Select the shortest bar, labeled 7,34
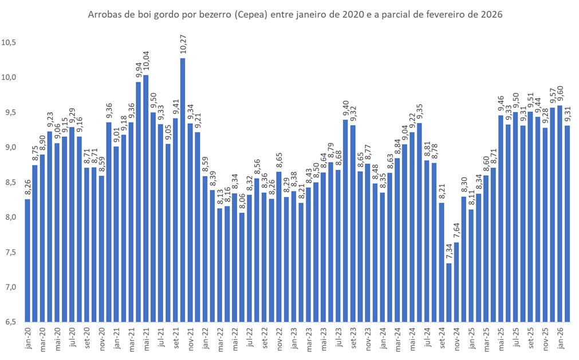449,292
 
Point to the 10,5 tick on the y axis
10,42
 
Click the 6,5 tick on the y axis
10,322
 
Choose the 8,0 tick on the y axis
10,217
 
